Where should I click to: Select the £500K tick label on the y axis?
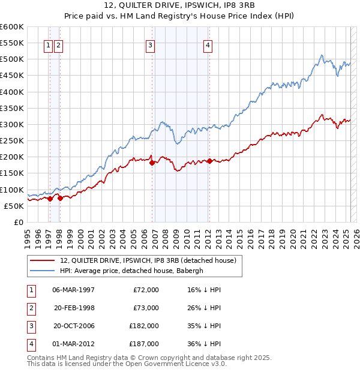[x=12, y=59]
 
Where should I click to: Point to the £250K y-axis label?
[x=12, y=141]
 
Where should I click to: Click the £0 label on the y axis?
[x=19, y=222]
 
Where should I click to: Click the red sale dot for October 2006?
[x=152, y=163]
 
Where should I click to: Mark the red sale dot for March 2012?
[x=209, y=161]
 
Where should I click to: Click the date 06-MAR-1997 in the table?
[x=73, y=290]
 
